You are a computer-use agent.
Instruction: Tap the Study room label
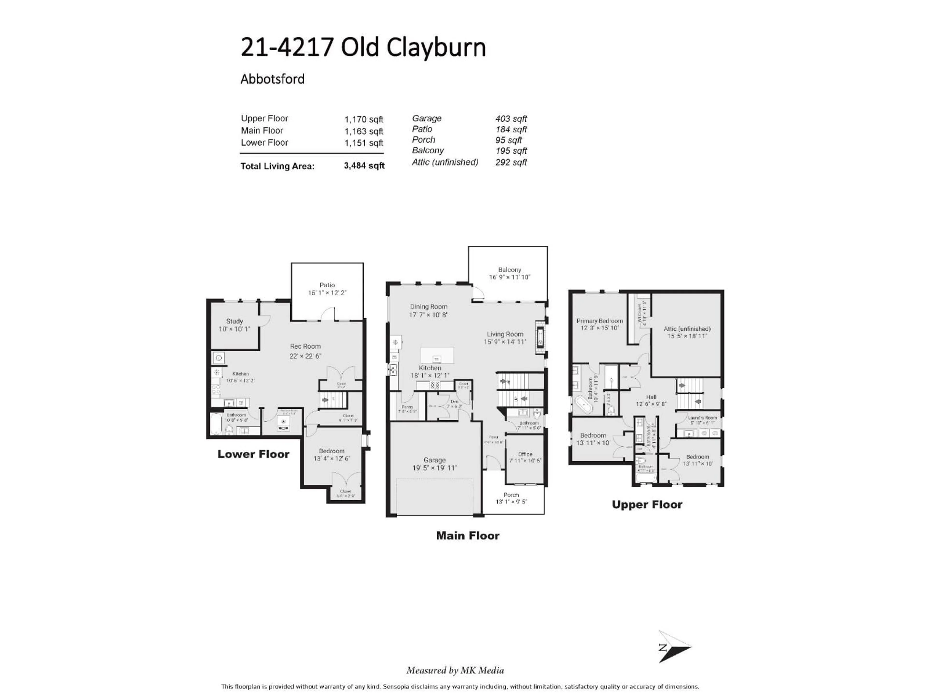pyautogui.click(x=234, y=321)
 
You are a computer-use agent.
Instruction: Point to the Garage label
pyautogui.click(x=434, y=460)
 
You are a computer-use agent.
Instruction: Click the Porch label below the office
pyautogui.click(x=511, y=495)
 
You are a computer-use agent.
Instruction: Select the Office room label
pyautogui.click(x=525, y=454)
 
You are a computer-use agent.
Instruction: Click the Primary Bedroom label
pyautogui.click(x=600, y=321)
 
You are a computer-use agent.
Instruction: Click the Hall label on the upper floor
pyautogui.click(x=651, y=397)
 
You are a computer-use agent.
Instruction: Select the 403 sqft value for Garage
pyautogui.click(x=511, y=119)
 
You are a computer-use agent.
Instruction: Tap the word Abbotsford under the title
pyautogui.click(x=272, y=79)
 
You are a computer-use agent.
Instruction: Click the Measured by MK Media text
pyautogui.click(x=455, y=670)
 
